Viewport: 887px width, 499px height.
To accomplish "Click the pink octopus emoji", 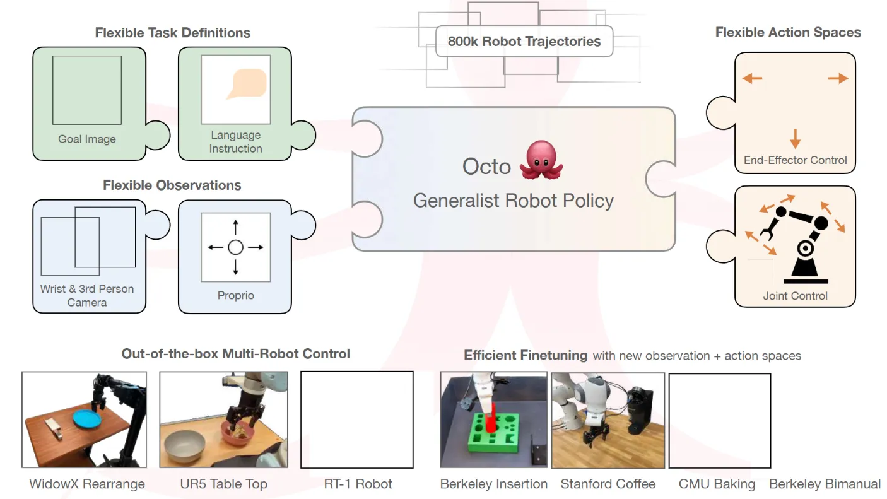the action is point(541,160).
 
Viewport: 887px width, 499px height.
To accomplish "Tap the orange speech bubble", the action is point(247,83).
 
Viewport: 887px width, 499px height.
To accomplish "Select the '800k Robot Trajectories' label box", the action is point(524,41).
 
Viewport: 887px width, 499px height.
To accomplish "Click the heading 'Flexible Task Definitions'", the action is point(173,32).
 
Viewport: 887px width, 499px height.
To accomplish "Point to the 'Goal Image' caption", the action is point(86,139).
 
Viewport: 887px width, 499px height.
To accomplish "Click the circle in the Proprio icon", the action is point(235,247).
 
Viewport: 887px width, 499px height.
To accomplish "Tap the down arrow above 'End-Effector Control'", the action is point(795,138).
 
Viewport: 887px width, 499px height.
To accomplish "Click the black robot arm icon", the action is point(796,245).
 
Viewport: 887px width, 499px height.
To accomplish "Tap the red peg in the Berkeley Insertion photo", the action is point(491,418).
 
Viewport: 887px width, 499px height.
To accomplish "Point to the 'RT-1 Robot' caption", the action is point(358,484).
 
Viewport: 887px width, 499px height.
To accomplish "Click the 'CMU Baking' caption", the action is point(717,484).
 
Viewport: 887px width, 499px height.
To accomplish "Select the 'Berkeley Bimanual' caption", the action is point(825,484).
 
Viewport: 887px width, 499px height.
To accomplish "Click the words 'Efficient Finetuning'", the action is point(526,355).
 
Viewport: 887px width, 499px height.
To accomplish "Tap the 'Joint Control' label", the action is point(795,296).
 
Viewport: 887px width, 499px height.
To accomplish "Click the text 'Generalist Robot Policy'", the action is point(514,201).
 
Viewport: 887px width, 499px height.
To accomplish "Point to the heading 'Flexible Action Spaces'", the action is point(788,32).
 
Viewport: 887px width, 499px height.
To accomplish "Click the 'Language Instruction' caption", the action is point(235,142).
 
